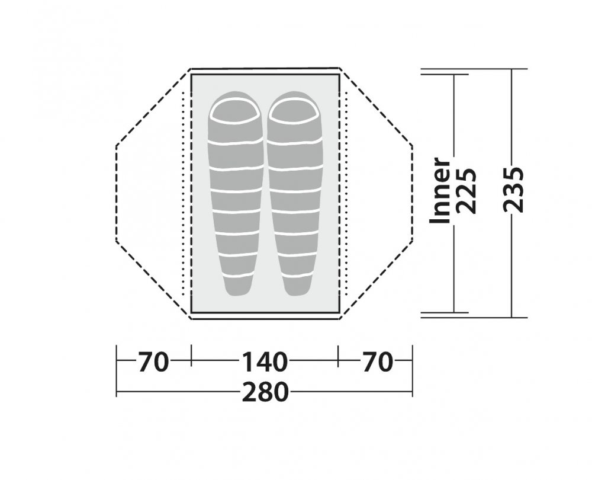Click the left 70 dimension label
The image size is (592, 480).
coord(153,361)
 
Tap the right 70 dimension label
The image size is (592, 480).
coord(378,361)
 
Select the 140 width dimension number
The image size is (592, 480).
coord(264,361)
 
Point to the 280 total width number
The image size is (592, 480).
coord(265,392)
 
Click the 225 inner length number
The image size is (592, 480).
coord(465,191)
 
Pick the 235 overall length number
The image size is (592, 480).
coord(513,188)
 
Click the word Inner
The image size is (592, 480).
coord(440,190)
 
